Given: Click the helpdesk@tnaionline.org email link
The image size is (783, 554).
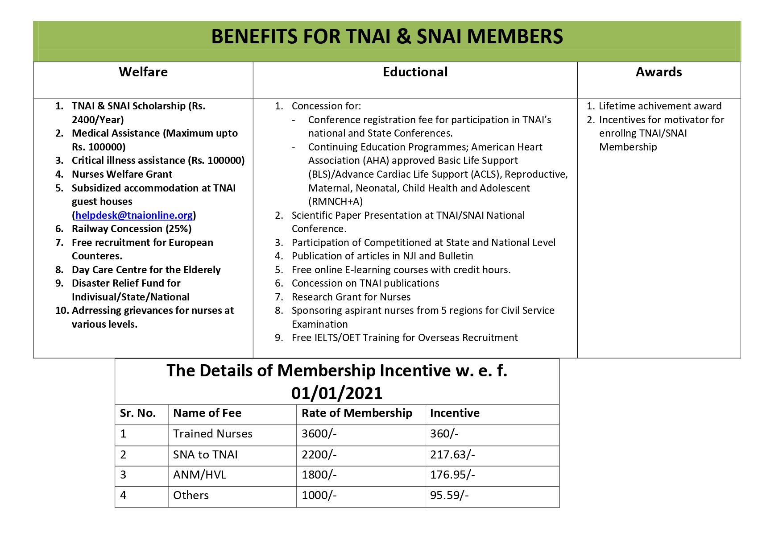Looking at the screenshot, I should coord(134,215).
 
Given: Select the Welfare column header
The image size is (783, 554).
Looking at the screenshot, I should coord(143,72).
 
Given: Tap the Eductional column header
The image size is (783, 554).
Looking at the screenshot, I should coord(415,72).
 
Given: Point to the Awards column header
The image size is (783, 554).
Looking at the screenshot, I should coord(659,72).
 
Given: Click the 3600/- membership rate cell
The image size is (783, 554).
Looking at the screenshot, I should coord(319,433).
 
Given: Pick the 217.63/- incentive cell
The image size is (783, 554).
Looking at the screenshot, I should coord(452,454).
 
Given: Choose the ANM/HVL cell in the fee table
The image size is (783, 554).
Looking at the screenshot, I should coord(199,475).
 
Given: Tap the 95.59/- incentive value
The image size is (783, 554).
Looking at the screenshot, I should coord(449,495).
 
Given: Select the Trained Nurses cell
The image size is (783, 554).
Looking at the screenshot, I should coord(212,433).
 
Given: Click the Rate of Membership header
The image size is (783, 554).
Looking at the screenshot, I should coord(356,413).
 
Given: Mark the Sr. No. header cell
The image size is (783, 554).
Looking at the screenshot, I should coord(137,413).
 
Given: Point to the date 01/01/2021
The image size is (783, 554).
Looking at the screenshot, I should coord(337,393).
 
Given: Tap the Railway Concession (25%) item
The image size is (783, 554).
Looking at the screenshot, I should coord(132,229).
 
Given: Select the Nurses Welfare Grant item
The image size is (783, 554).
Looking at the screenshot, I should coord(122,174).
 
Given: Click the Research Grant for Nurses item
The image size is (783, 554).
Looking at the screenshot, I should coord(351,297).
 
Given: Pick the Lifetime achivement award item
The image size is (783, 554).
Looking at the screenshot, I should coord(659,106).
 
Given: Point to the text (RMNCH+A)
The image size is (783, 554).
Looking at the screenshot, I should coord(336,201).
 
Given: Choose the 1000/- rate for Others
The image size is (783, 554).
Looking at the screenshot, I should coord(319,495).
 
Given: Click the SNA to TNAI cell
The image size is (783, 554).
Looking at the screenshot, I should coord(205,454).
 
